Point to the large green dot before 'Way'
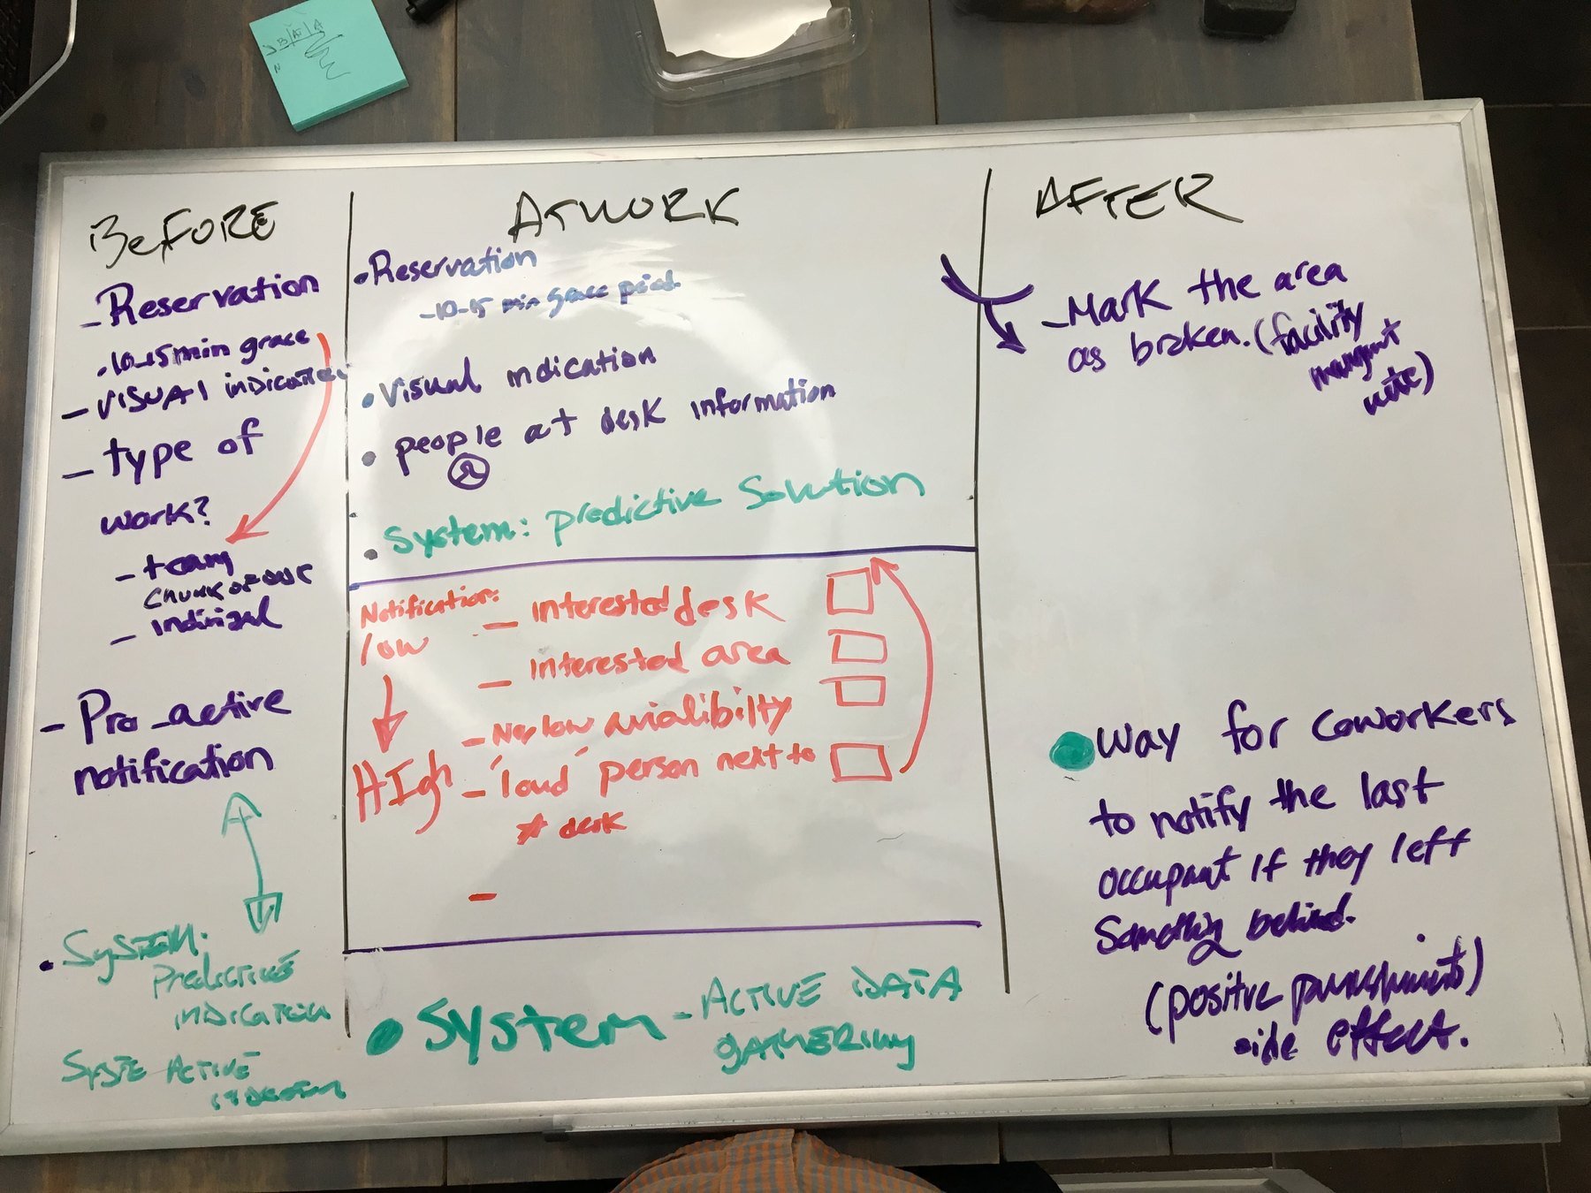(x=1071, y=751)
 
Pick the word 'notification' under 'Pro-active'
(x=171, y=768)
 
